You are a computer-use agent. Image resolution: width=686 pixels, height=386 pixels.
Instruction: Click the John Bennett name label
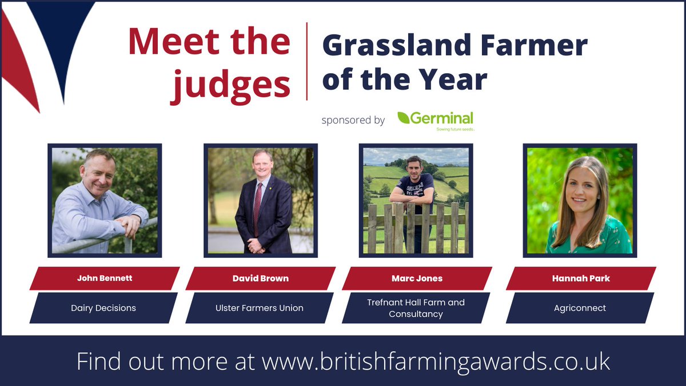point(104,278)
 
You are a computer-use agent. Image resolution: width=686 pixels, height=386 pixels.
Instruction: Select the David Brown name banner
point(260,278)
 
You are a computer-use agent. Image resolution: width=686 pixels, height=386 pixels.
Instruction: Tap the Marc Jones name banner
point(417,278)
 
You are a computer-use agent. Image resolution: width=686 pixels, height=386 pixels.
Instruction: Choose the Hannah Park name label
point(580,278)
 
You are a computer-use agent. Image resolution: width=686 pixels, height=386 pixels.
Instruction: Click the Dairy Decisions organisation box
point(103,308)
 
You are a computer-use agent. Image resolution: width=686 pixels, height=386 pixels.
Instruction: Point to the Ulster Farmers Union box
point(260,308)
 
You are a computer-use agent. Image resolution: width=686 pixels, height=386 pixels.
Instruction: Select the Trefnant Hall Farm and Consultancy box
point(416,308)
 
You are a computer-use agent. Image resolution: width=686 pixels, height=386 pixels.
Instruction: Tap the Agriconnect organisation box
point(580,308)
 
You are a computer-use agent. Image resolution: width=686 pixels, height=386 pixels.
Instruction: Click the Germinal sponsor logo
point(436,120)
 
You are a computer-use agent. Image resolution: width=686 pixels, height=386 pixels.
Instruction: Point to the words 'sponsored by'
point(353,121)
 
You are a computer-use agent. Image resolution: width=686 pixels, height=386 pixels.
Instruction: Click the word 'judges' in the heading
point(232,84)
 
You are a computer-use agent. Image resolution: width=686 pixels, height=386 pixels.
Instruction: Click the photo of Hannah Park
point(580,200)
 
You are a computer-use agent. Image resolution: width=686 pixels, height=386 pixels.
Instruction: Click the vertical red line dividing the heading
point(307,61)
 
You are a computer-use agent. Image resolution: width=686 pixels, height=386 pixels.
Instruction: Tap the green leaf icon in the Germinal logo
point(404,118)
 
